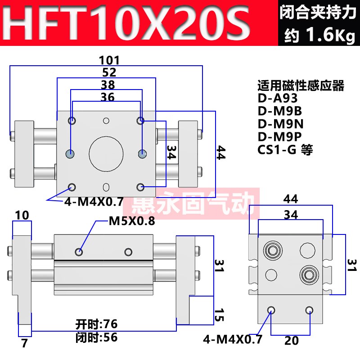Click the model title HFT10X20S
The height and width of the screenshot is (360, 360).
(129, 22)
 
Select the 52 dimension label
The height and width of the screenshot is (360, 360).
(109, 72)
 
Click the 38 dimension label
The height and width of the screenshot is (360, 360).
(108, 85)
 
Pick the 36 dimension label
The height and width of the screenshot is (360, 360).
(108, 97)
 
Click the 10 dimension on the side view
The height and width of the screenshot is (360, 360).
(22, 216)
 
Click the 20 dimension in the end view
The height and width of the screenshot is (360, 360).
(291, 341)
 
